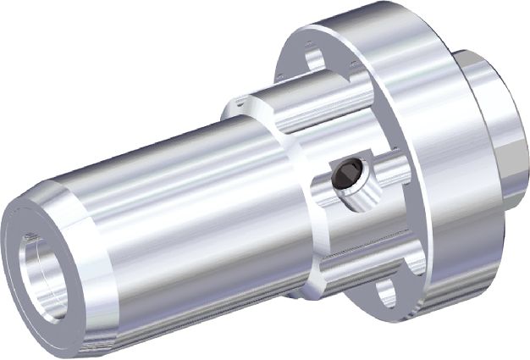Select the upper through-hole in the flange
point(315,57)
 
